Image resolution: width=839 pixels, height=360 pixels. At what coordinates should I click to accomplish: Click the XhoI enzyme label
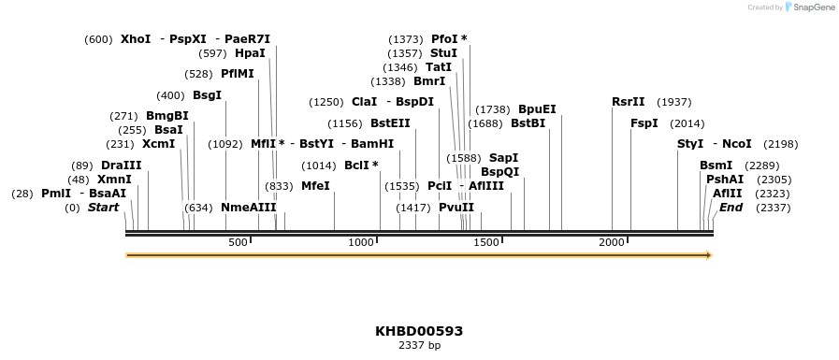coord(136,39)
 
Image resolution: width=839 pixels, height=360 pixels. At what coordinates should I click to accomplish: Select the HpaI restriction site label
coord(250,53)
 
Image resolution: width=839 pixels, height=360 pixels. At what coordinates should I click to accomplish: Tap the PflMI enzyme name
coord(238,74)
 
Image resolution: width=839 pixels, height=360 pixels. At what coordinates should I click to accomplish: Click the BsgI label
coord(207,95)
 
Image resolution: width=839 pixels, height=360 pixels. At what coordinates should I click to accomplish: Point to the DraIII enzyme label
coord(122,166)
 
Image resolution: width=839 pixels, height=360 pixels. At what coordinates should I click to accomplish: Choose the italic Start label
coord(103,208)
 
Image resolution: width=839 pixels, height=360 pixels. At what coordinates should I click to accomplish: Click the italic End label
coord(731,208)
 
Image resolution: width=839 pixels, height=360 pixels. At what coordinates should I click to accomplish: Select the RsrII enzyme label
coord(629,102)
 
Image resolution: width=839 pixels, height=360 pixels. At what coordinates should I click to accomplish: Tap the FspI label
coord(644,123)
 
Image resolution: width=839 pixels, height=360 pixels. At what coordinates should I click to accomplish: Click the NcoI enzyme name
coord(737,144)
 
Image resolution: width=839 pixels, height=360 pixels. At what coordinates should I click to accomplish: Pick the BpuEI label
coord(537,109)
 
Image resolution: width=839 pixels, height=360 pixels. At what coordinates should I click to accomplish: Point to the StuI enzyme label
coord(443,53)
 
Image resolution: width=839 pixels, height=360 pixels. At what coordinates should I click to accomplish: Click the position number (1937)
coord(674,102)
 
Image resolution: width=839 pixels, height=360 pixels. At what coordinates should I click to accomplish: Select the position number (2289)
coord(761,166)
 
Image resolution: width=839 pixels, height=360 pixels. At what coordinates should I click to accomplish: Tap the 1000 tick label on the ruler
coord(361,242)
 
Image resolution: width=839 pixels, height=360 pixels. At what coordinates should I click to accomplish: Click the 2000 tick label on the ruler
coord(612,242)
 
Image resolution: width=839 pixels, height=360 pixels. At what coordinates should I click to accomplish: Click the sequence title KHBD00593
coord(419,331)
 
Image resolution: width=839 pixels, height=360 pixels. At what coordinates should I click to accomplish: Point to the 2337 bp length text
coord(419,346)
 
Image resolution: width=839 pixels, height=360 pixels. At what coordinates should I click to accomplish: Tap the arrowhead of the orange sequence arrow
coord(709,255)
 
